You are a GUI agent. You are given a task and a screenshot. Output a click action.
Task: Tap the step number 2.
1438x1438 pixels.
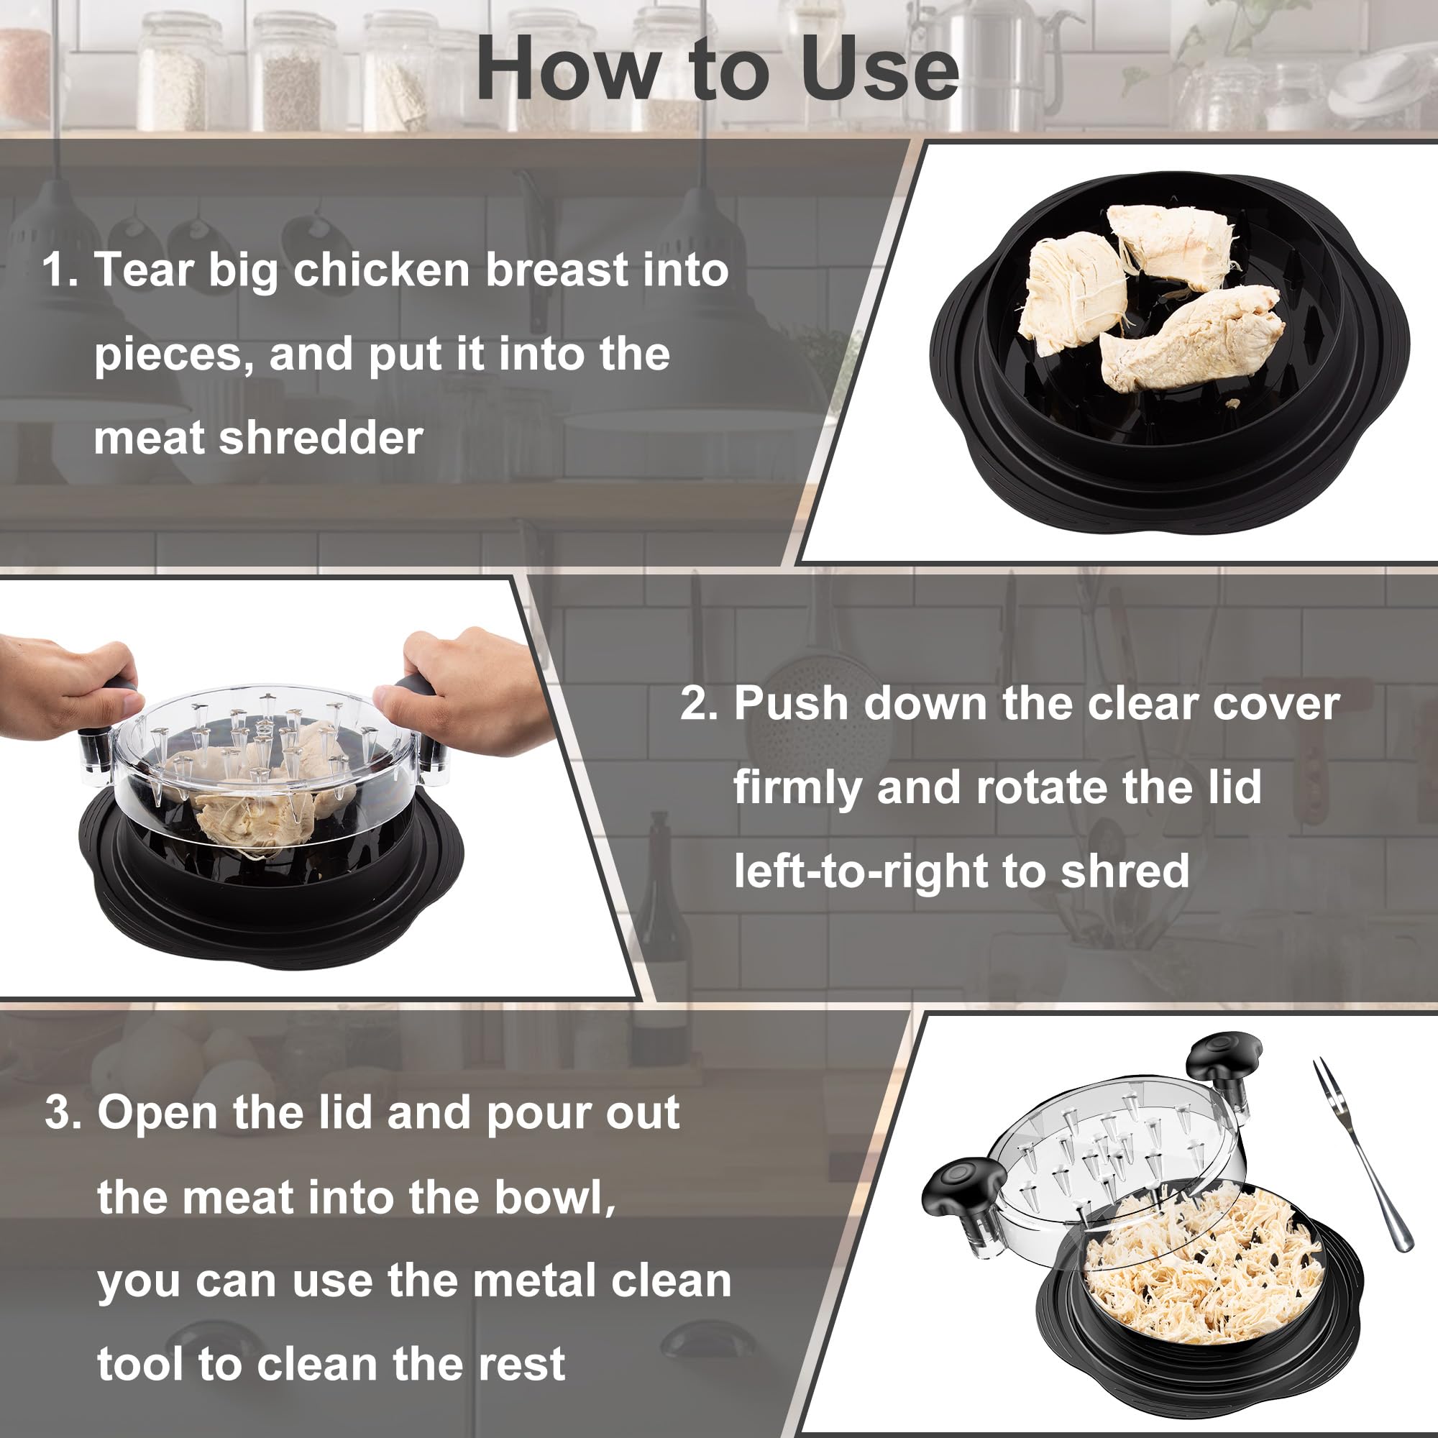(698, 703)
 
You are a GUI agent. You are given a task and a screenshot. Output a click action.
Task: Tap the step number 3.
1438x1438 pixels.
(63, 1114)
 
